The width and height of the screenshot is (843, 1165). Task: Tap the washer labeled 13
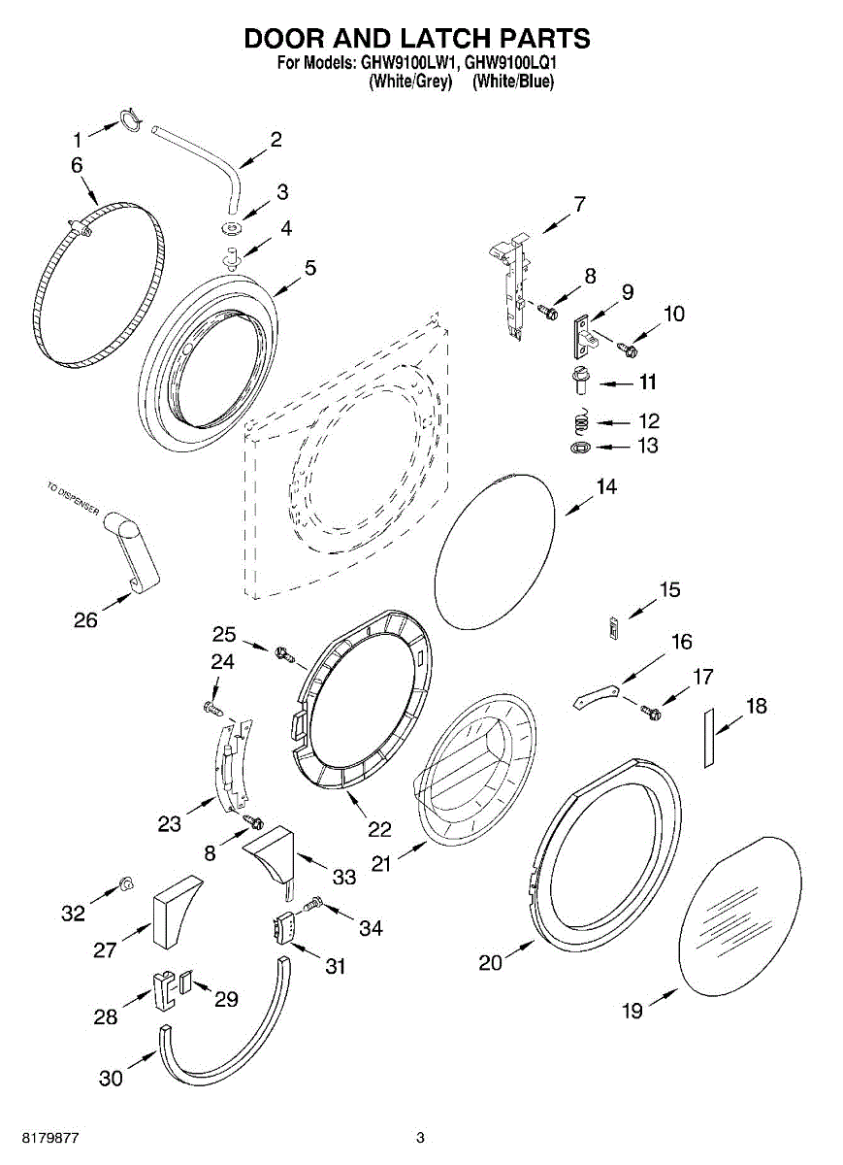pos(580,448)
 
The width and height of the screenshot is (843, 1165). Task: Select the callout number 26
pos(85,618)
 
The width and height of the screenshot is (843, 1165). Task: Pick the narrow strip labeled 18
pos(709,737)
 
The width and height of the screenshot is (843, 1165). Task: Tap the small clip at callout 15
pos(612,627)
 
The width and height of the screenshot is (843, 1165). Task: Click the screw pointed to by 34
pos(313,905)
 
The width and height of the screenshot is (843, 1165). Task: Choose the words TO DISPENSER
pos(72,503)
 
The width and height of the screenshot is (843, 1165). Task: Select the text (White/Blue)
pos(513,83)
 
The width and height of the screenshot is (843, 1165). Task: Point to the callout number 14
pos(606,486)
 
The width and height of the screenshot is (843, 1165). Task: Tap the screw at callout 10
pos(626,344)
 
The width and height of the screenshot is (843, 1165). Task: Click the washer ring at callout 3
pos(233,228)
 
